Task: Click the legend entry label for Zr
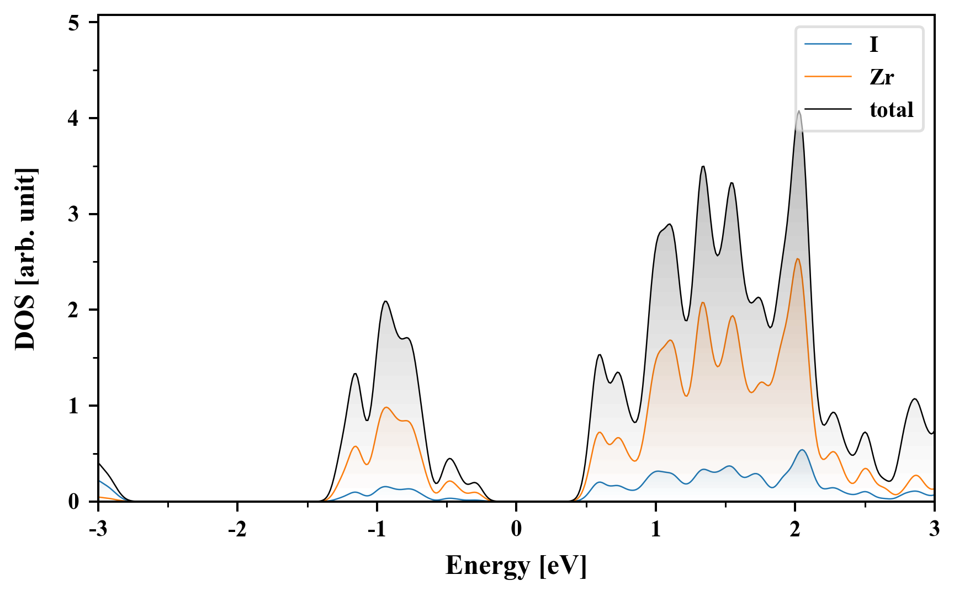click(x=881, y=77)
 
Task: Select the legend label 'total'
click(x=891, y=110)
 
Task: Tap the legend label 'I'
click(x=873, y=45)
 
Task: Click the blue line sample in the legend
click(x=828, y=45)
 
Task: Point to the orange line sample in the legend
click(x=828, y=77)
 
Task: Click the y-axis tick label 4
click(x=74, y=118)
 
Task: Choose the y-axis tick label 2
click(x=74, y=310)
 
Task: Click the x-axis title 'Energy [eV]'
click(x=516, y=566)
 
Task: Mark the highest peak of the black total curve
click(x=798, y=111)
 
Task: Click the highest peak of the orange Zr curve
click(x=797, y=259)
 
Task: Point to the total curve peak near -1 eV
click(x=385, y=301)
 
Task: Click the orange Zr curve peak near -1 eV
click(x=386, y=407)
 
